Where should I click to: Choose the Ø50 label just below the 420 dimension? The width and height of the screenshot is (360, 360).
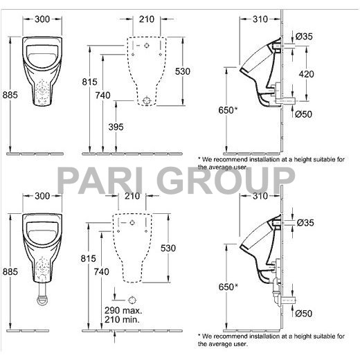coord(305,114)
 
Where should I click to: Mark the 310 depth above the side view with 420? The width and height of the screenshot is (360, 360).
coord(259,17)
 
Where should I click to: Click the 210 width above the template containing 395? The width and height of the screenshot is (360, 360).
coord(146,17)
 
